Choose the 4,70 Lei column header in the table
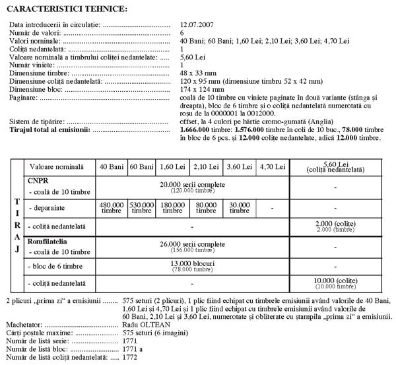pos(273,167)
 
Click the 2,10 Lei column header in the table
pos(208,167)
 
